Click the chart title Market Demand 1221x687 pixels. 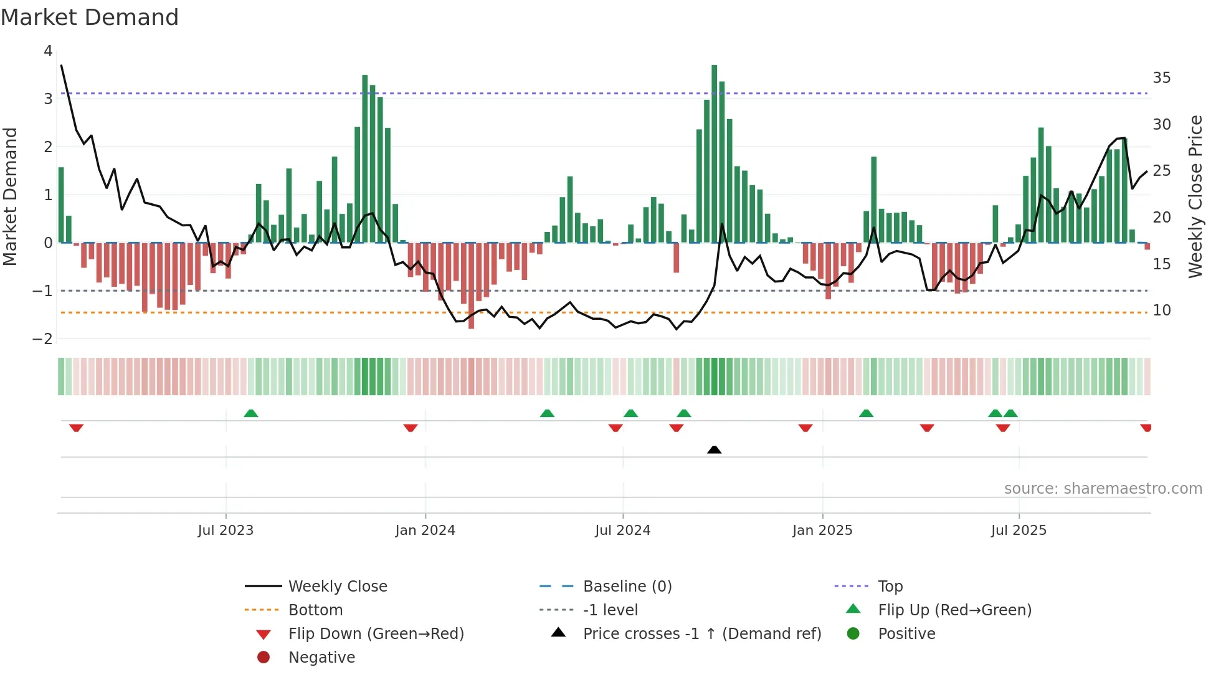(90, 17)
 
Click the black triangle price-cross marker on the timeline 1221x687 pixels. (715, 449)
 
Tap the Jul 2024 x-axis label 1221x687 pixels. (622, 531)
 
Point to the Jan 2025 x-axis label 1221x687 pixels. (822, 531)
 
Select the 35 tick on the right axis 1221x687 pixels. (1161, 78)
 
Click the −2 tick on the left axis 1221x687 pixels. (43, 339)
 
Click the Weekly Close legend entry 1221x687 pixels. (338, 587)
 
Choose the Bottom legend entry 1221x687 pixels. (315, 610)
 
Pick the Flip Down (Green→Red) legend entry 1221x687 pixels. (376, 634)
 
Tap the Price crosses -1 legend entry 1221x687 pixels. (701, 634)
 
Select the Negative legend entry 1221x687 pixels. (321, 658)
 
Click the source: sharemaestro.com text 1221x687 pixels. (1103, 489)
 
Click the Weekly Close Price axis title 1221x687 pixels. (1195, 196)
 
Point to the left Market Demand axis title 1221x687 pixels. (10, 196)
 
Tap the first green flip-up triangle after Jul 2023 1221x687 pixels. (251, 413)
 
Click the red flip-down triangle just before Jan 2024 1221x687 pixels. (411, 428)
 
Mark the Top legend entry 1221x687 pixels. (890, 587)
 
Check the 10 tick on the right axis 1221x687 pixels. (1161, 310)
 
